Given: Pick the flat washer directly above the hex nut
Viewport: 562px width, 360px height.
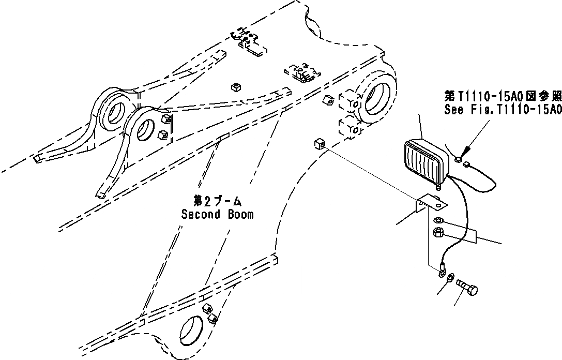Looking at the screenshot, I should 436,221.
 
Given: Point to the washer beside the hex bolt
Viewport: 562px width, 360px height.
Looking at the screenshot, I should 450,278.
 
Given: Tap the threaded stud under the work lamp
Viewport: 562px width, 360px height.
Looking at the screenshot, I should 440,183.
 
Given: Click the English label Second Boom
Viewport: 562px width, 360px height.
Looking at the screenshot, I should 217,214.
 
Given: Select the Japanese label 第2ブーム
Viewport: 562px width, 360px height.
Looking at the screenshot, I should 217,201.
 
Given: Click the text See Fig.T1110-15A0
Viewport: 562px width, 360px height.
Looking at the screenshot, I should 503,110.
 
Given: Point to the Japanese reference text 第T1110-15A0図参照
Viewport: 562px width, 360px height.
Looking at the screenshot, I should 503,96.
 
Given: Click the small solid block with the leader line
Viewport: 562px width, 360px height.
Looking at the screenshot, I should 318,144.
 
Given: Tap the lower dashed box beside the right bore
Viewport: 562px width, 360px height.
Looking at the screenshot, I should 350,127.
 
